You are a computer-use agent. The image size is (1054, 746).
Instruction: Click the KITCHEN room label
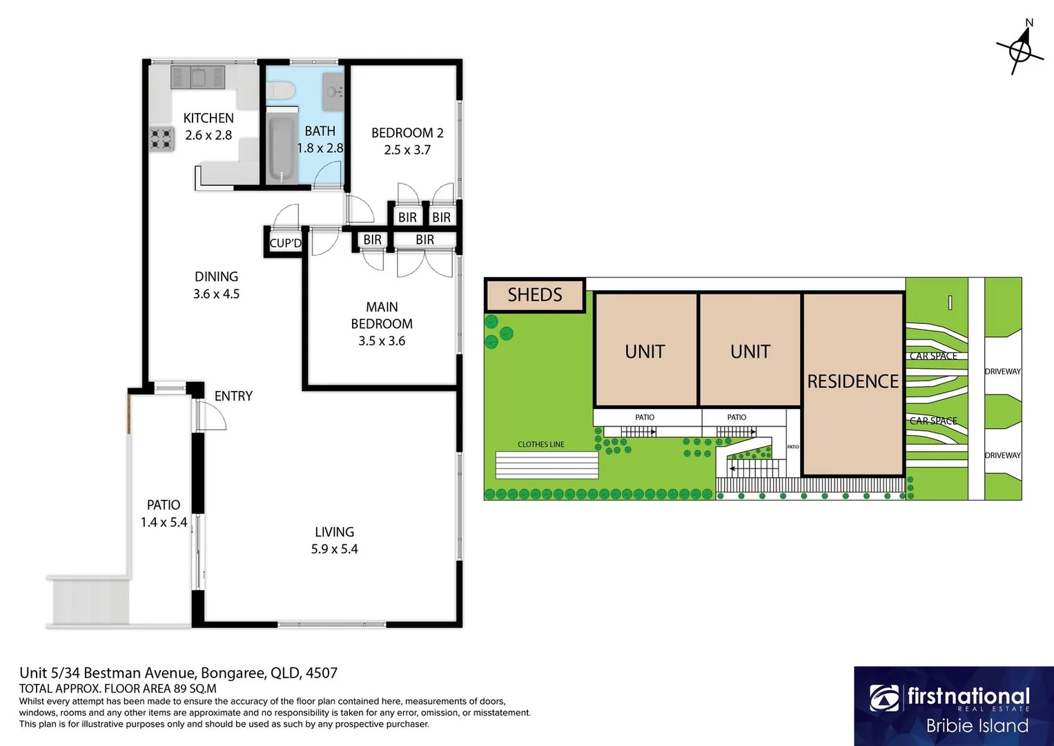[x=208, y=118]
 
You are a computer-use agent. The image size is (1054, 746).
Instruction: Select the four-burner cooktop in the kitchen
[x=162, y=140]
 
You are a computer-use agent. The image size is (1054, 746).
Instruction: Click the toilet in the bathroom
[x=281, y=90]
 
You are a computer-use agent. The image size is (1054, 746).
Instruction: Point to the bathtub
[x=282, y=149]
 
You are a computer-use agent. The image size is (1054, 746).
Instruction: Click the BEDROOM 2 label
[x=407, y=133]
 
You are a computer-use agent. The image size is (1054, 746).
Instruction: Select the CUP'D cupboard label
[x=285, y=243]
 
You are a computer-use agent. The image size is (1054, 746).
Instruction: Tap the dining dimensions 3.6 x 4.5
[x=216, y=294]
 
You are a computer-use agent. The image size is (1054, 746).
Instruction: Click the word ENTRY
[x=233, y=396]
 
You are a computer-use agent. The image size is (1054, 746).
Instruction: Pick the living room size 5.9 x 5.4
[x=334, y=549]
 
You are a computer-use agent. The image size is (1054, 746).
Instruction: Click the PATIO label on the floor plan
[x=164, y=505]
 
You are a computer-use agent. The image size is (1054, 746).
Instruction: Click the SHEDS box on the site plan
[x=535, y=295]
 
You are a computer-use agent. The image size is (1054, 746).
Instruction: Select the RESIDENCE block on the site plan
[x=853, y=381]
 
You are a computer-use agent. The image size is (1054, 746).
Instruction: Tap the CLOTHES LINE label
[x=541, y=444]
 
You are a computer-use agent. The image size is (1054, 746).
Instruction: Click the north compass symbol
[x=1020, y=50]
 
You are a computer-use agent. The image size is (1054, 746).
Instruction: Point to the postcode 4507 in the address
[x=322, y=673]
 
